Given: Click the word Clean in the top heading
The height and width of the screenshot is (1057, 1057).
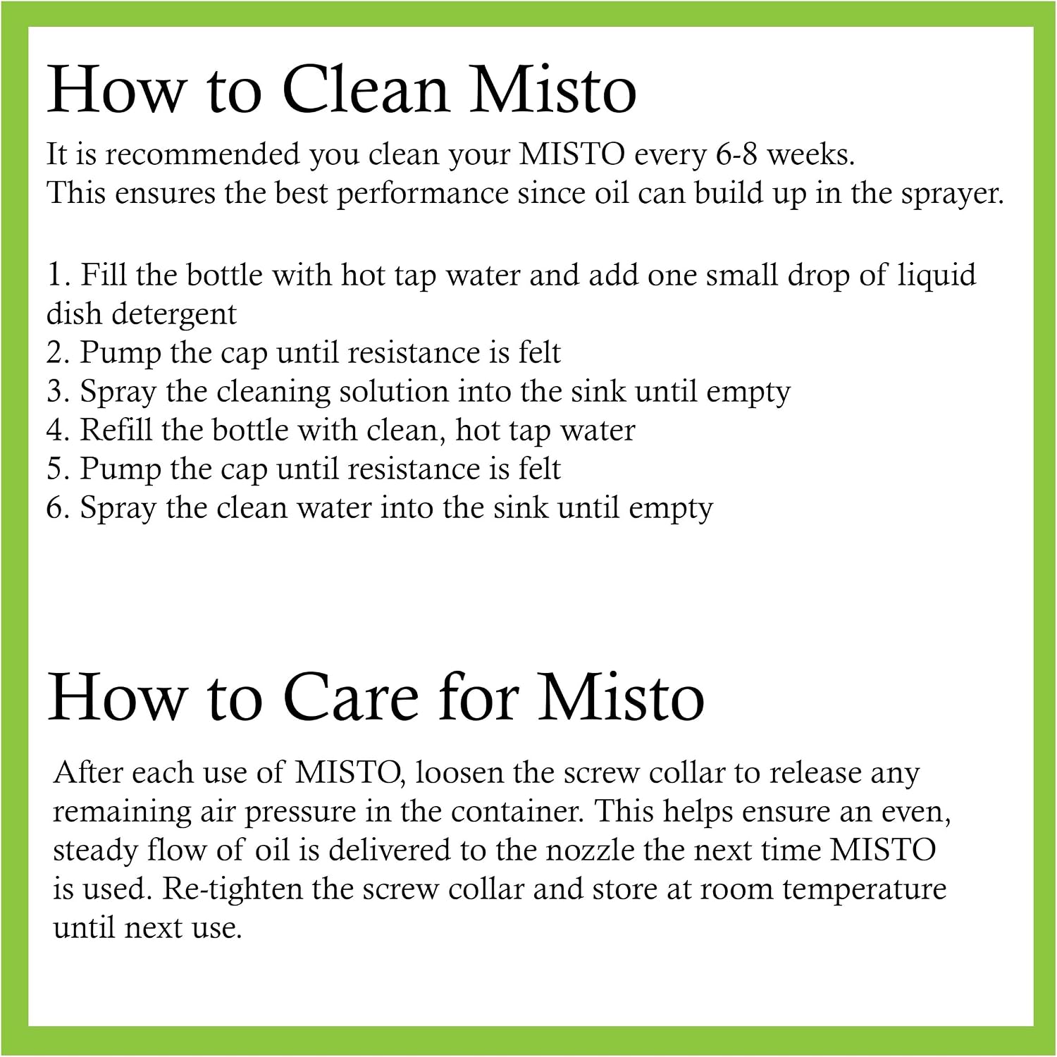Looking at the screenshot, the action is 366,89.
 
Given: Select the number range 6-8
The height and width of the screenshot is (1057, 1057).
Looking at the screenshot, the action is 736,154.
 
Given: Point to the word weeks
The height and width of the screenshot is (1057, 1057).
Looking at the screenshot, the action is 810,154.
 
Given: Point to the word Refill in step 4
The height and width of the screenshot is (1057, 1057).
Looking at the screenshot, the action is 116,430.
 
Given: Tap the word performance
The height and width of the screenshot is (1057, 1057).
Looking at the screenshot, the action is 423,194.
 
